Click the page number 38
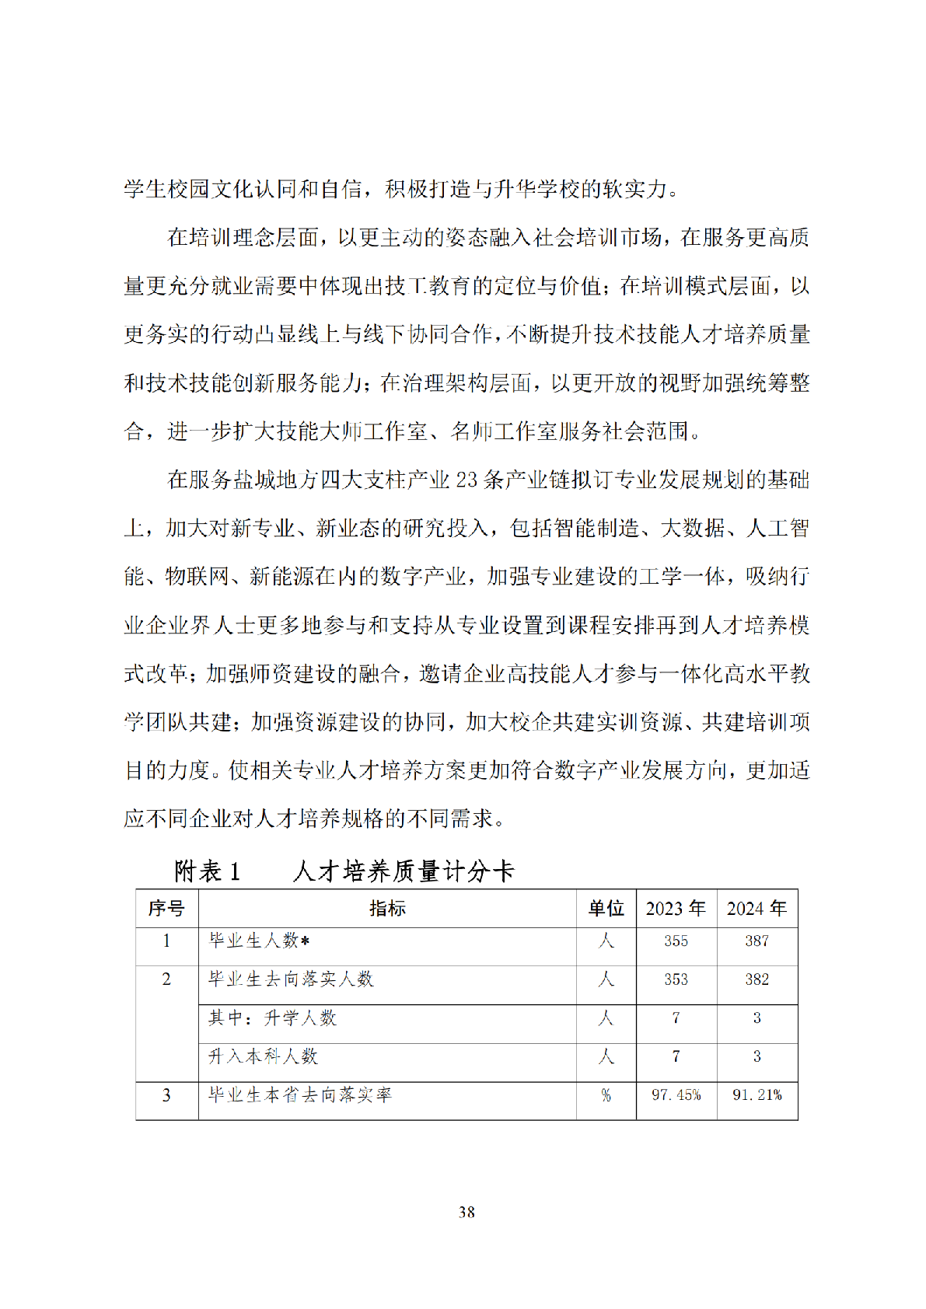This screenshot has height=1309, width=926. (x=466, y=1212)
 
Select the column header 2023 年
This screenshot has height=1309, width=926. (x=676, y=908)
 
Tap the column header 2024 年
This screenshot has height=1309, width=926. (x=757, y=908)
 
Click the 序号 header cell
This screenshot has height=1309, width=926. (x=166, y=908)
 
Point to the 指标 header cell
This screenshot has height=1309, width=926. (x=387, y=908)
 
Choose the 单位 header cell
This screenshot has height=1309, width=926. (x=606, y=908)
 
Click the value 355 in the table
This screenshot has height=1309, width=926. (x=676, y=941)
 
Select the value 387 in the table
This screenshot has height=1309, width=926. (x=757, y=941)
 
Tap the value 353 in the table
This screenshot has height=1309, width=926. (x=676, y=979)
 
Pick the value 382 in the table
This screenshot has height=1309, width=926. (x=757, y=979)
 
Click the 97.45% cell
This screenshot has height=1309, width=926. (x=676, y=1095)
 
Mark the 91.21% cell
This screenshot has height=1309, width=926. (x=757, y=1095)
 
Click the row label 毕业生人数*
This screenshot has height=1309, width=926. (x=260, y=941)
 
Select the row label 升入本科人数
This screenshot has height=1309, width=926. (x=263, y=1056)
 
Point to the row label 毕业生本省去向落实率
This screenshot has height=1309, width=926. (x=300, y=1095)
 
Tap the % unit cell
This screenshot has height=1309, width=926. (x=606, y=1095)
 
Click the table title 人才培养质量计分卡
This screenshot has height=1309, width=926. (x=404, y=871)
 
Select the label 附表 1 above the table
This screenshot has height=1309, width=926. (x=208, y=871)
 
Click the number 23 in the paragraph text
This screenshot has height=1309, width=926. (x=466, y=480)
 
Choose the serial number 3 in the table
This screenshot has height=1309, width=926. (x=166, y=1095)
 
